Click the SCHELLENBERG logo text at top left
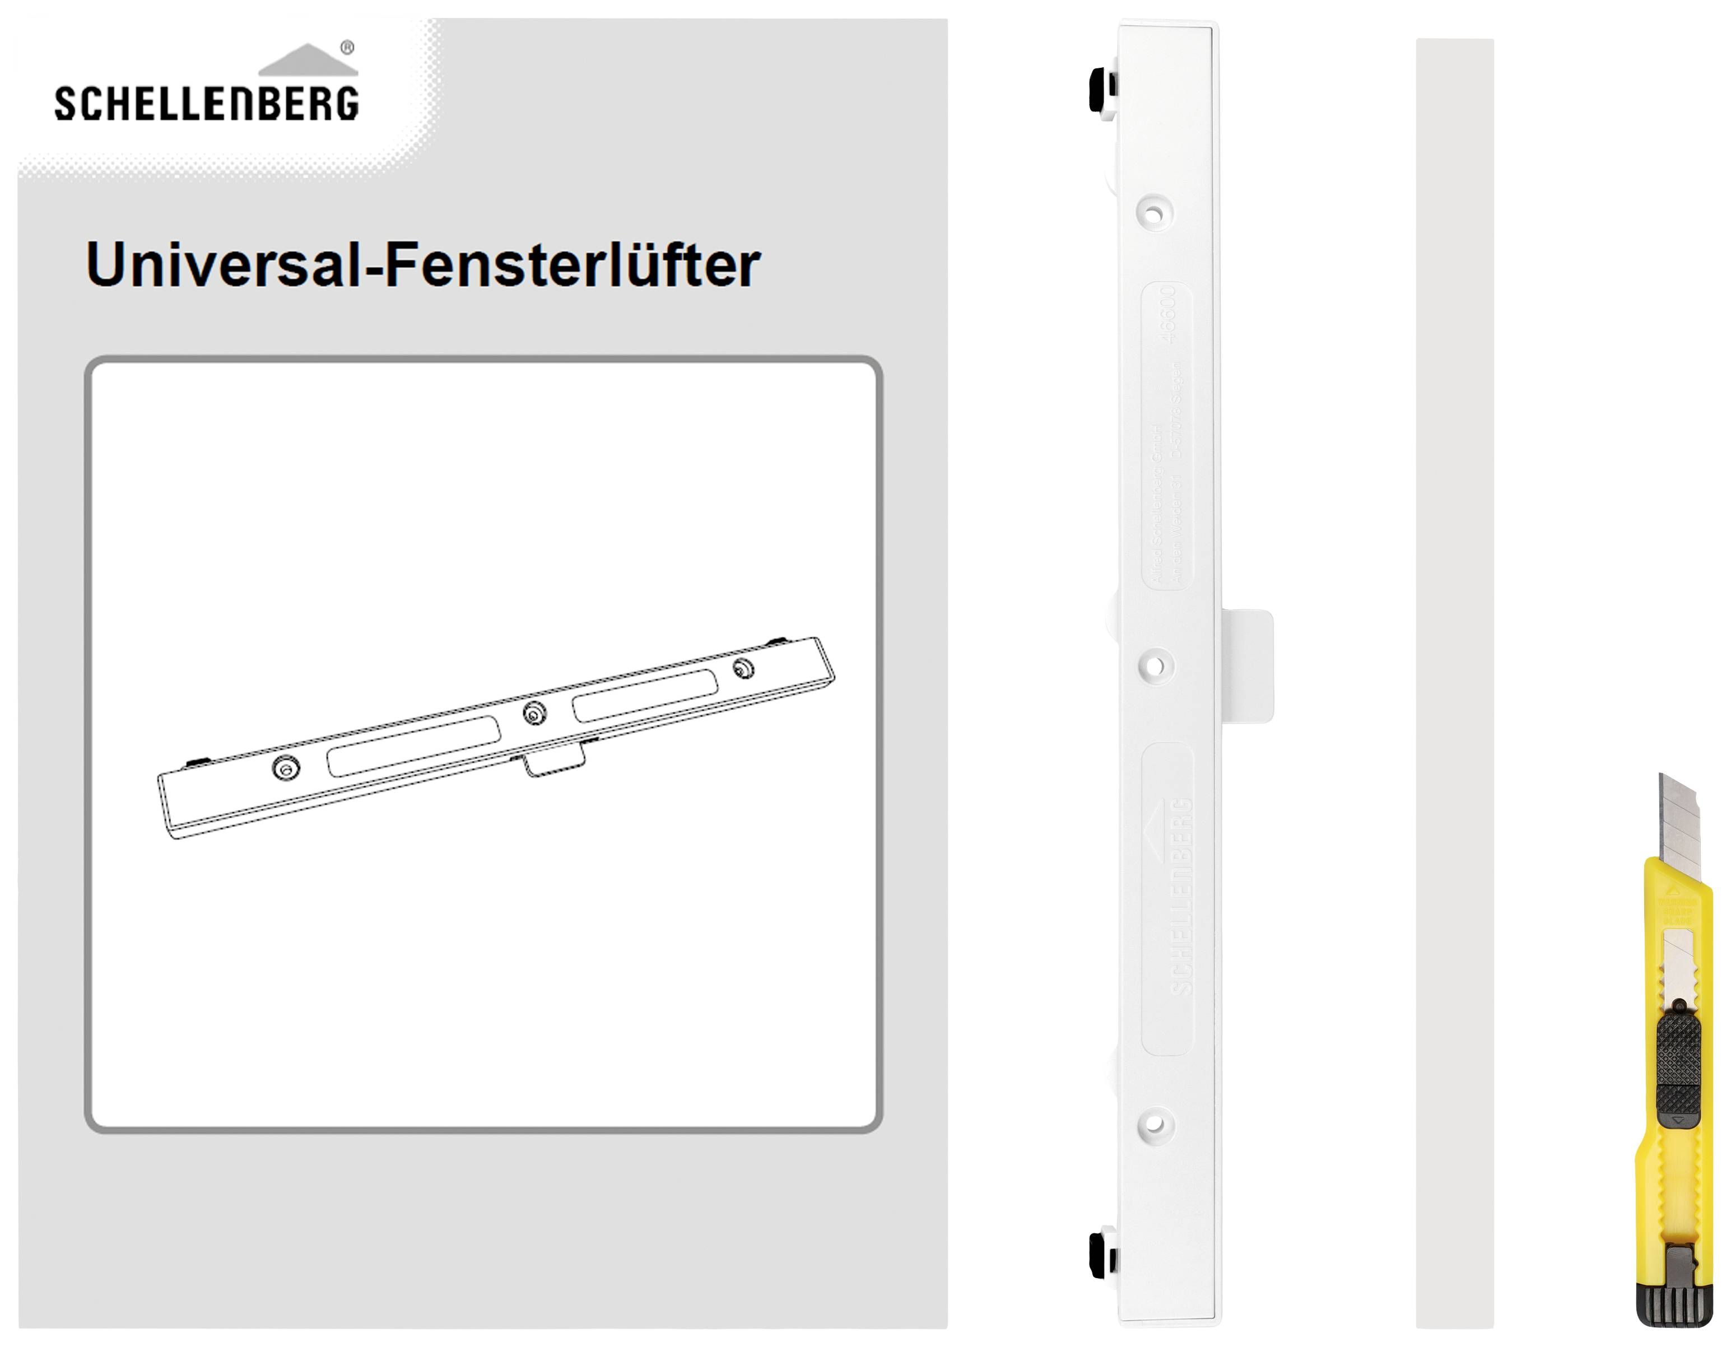click(x=206, y=104)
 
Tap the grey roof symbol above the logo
click(x=309, y=62)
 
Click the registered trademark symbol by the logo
click(x=347, y=48)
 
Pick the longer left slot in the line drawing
click(x=414, y=747)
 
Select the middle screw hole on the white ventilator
click(x=1156, y=665)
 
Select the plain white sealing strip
click(x=1454, y=682)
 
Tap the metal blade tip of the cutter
click(x=1679, y=816)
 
